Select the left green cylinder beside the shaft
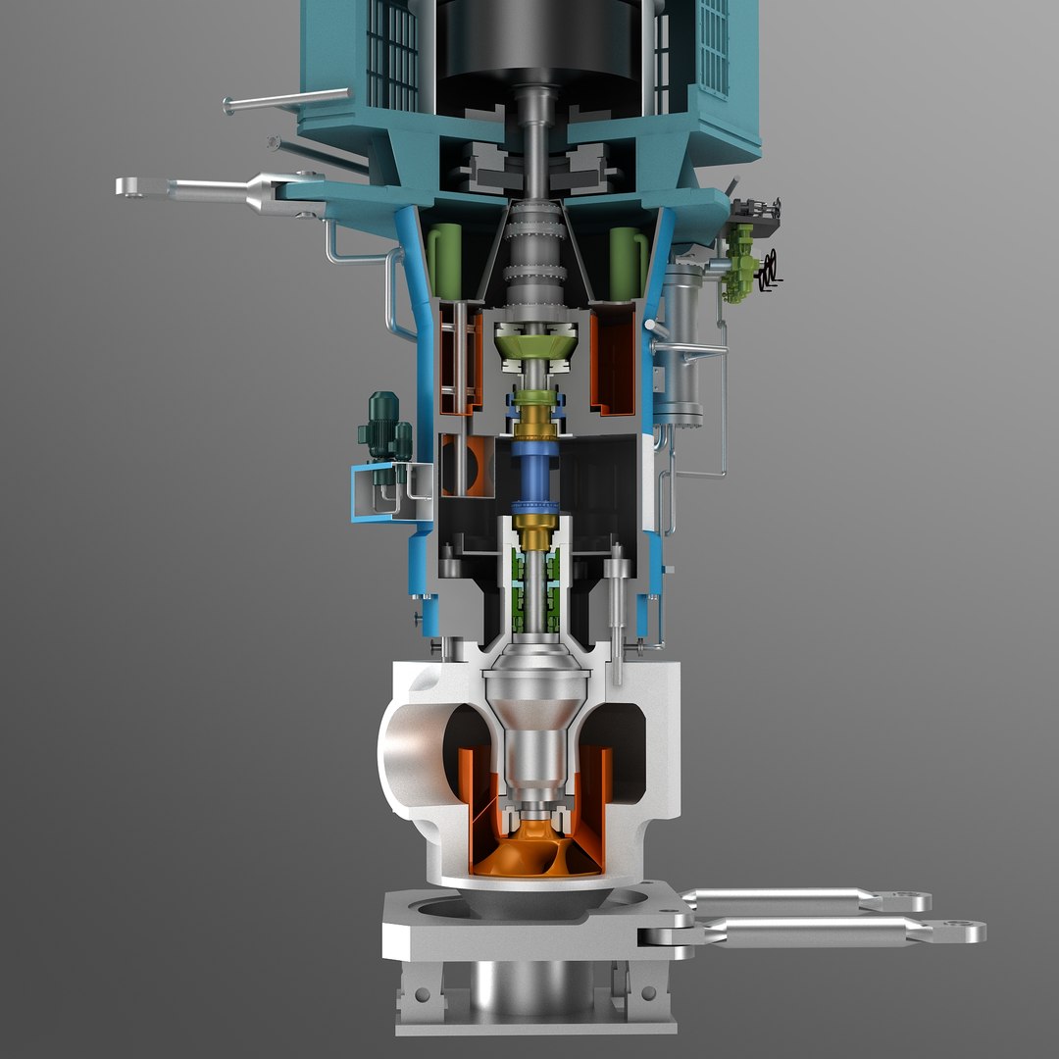(446, 261)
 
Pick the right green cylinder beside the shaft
(624, 261)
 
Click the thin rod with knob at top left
(284, 100)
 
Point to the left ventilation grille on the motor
(392, 54)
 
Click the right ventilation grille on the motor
(711, 44)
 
